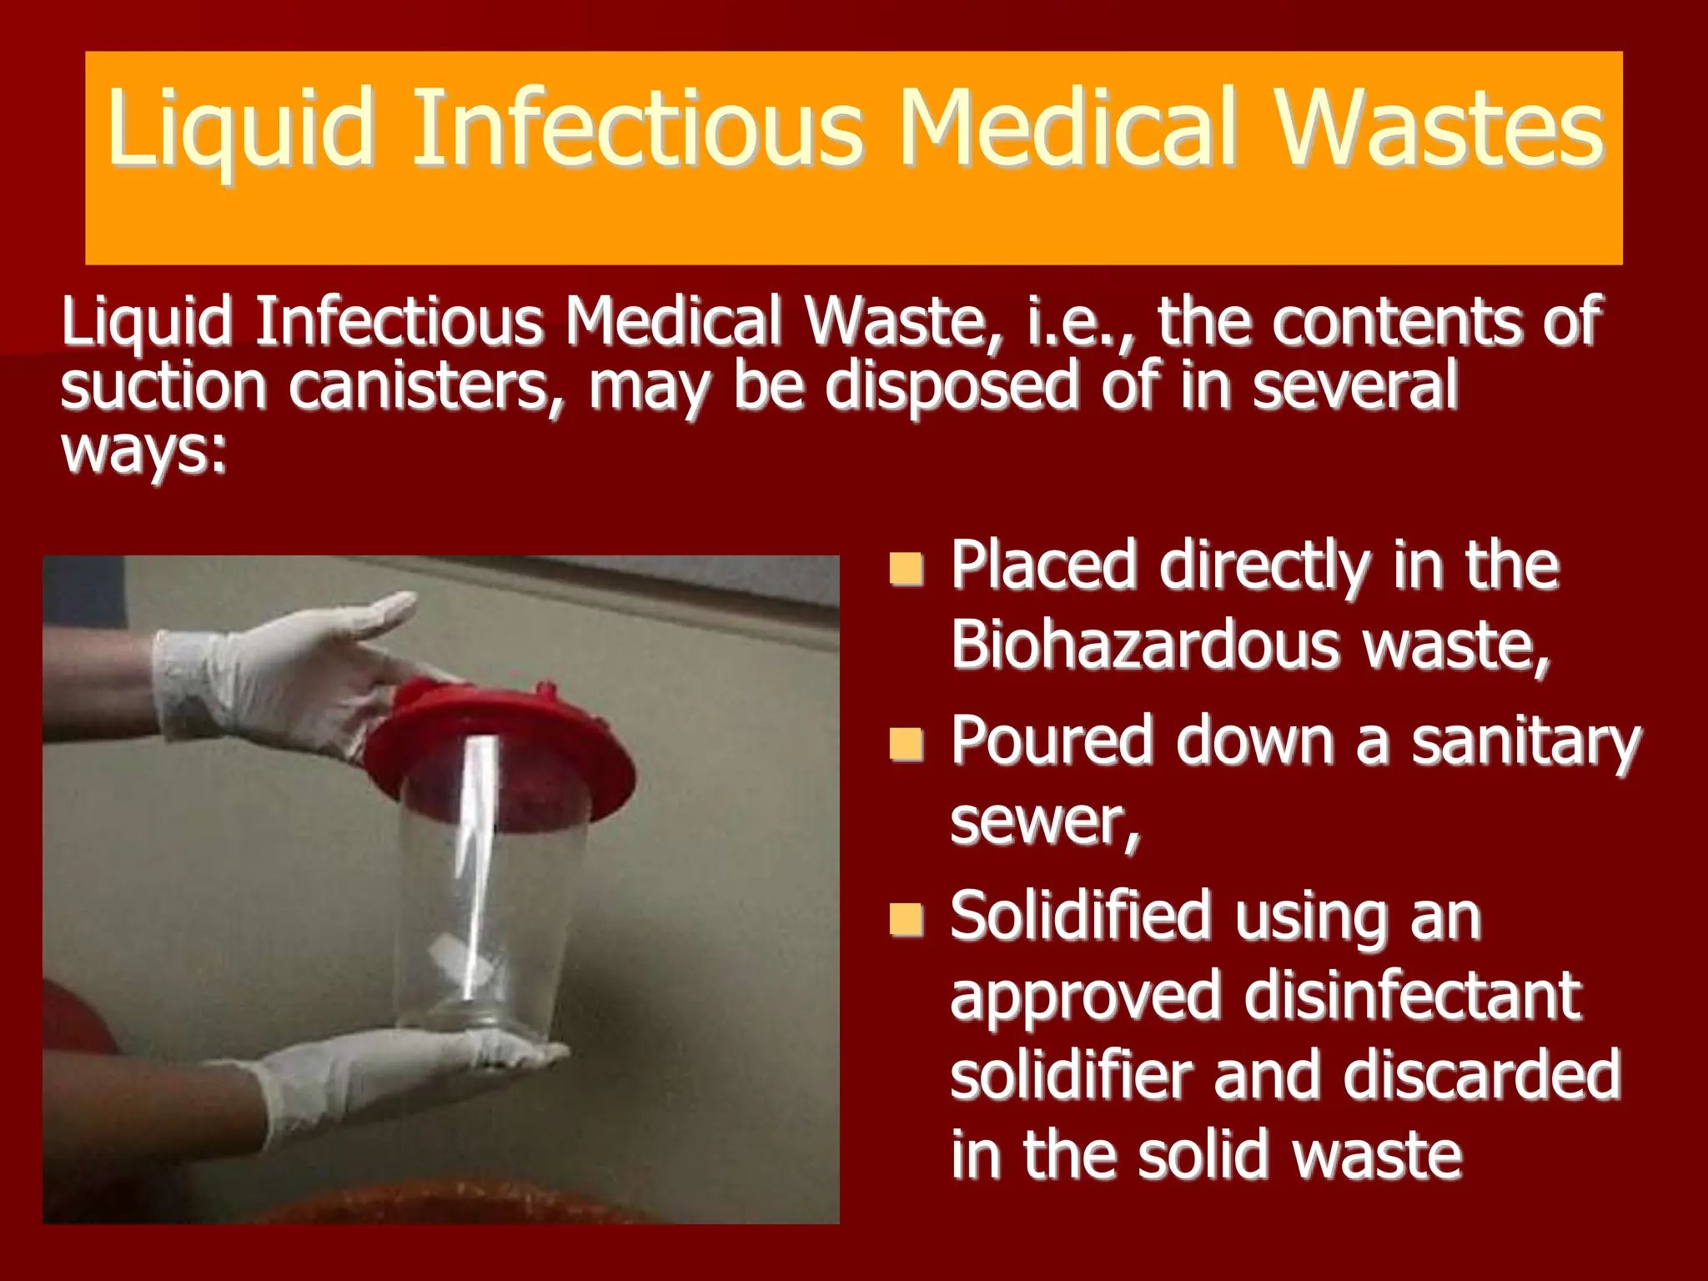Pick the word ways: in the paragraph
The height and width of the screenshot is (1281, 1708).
pos(143,451)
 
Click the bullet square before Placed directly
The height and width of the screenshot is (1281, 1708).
pos(906,569)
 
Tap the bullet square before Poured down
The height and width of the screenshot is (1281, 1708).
pos(906,744)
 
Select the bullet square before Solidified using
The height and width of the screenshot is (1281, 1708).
pos(906,920)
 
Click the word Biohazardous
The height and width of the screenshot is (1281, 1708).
pos(1143,645)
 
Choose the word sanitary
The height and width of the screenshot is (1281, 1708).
pos(1525,742)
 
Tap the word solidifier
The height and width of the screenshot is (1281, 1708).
pos(1071,1075)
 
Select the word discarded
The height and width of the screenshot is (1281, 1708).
pos(1481,1075)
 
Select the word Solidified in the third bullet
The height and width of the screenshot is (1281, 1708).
pos(1081,917)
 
